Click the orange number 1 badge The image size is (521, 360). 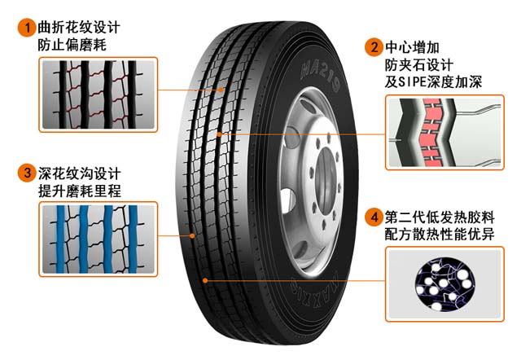(27, 27)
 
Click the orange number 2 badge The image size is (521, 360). (374, 47)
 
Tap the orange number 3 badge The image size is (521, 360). (27, 173)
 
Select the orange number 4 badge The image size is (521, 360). (374, 217)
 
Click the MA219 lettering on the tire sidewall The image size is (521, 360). (320, 76)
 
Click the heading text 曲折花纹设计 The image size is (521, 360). (79, 27)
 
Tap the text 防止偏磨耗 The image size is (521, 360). (72, 45)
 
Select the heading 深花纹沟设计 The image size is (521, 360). (80, 173)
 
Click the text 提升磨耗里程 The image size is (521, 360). (80, 191)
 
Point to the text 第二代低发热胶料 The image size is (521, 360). (440, 217)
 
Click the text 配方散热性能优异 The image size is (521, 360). (440, 235)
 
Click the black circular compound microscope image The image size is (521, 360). (445, 284)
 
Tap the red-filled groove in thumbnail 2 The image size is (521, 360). (432, 132)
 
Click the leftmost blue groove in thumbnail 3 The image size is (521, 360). (61, 239)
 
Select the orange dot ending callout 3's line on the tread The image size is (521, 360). (192, 235)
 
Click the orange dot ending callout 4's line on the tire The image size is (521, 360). (205, 281)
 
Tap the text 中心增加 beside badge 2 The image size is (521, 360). (413, 47)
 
